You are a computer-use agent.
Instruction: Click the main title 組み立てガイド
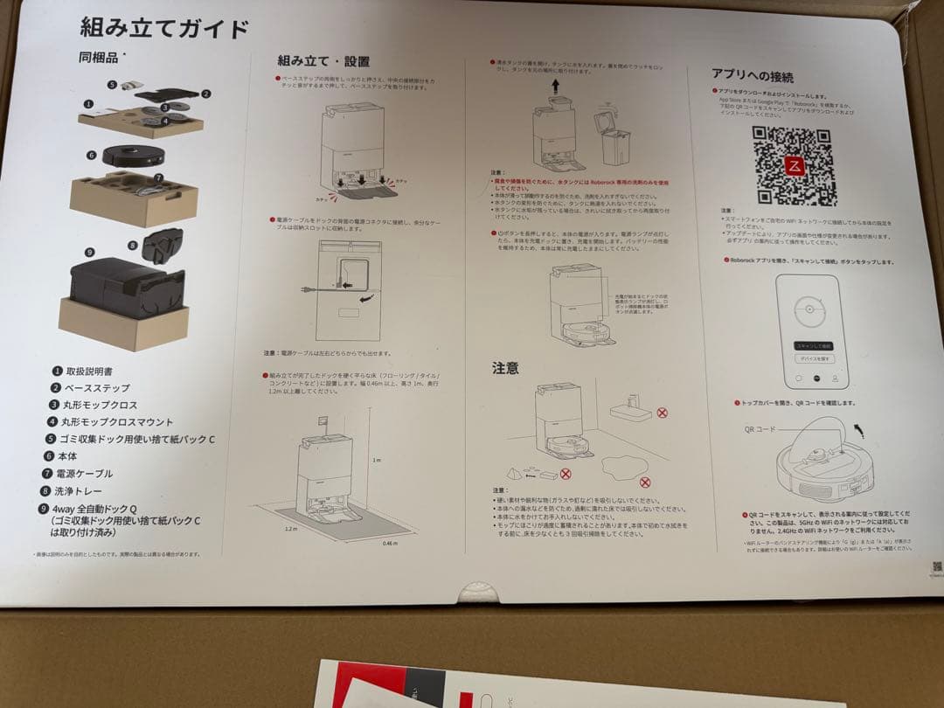coord(163,29)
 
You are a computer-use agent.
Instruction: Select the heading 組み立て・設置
coord(323,61)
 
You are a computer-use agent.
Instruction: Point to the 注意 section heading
coord(506,368)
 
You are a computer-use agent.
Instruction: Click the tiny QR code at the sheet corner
coord(937,566)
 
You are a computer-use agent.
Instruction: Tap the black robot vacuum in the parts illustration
coord(133,155)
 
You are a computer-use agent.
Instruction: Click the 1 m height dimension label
coord(377,460)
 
